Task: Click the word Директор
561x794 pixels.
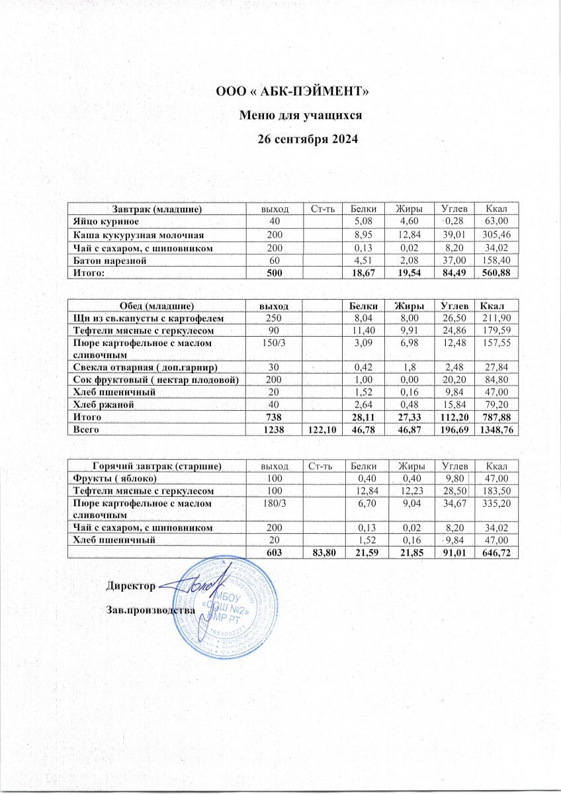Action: (x=131, y=586)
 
